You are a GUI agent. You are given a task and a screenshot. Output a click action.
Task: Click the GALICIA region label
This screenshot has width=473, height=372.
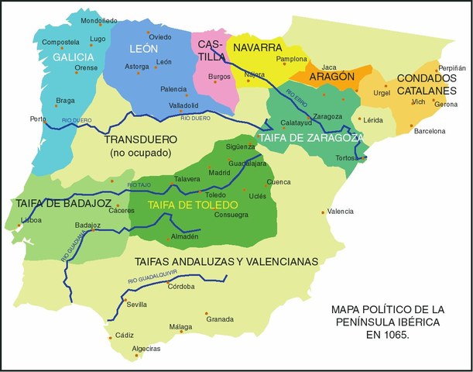(x=74, y=57)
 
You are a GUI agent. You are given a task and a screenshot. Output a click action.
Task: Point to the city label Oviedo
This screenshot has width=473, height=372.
(x=160, y=36)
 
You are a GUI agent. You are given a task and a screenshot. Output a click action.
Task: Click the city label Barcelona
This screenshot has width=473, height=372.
(x=430, y=131)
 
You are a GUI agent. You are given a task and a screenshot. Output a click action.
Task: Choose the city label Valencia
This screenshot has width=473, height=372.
(x=340, y=212)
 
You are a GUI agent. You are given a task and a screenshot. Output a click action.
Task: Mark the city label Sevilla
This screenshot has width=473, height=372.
(x=136, y=305)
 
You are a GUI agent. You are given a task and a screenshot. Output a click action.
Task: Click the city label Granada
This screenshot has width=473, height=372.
(x=219, y=319)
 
